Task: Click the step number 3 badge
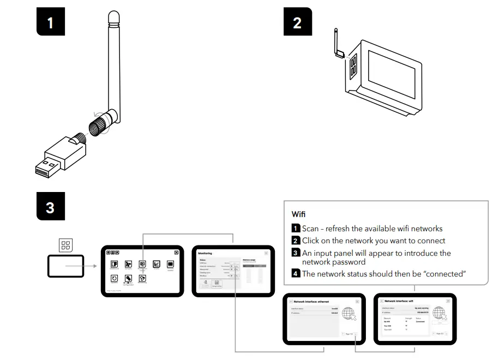[x=50, y=207]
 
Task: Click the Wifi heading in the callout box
[x=299, y=214]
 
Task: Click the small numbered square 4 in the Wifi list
[x=296, y=274]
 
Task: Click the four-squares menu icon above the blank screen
[x=65, y=246]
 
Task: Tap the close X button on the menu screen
[x=177, y=253]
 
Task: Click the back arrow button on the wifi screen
[x=382, y=301]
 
